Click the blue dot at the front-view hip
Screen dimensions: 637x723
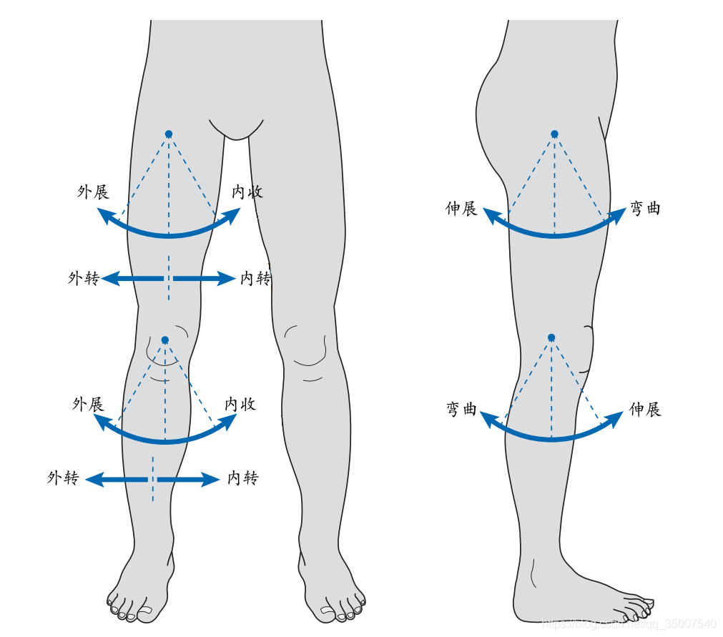[x=169, y=134]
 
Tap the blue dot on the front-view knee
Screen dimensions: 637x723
[x=165, y=340]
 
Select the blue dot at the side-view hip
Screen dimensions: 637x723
[x=554, y=134]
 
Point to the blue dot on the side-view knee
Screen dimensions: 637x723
[x=551, y=337]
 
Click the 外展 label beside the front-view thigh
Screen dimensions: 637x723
[x=93, y=192]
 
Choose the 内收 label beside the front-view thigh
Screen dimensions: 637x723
[x=247, y=192]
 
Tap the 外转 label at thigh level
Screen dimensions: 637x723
[x=84, y=279]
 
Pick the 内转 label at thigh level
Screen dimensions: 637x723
[x=255, y=279]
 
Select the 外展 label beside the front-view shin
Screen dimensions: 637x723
[x=88, y=405]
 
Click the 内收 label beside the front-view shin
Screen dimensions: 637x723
[x=240, y=405]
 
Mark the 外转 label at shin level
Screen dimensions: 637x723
[x=63, y=478]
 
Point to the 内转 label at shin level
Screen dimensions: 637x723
[x=243, y=478]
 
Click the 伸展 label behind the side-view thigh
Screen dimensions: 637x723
[x=461, y=209]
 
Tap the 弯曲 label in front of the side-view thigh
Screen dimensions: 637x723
[x=645, y=209]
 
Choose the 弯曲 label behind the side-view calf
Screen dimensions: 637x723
[x=461, y=410]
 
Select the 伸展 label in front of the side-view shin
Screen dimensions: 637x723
[x=645, y=410]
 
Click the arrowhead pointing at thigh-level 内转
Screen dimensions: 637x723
[x=227, y=279]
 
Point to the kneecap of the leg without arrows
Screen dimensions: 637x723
[x=305, y=347]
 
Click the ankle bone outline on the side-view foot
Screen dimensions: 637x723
[x=533, y=572]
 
